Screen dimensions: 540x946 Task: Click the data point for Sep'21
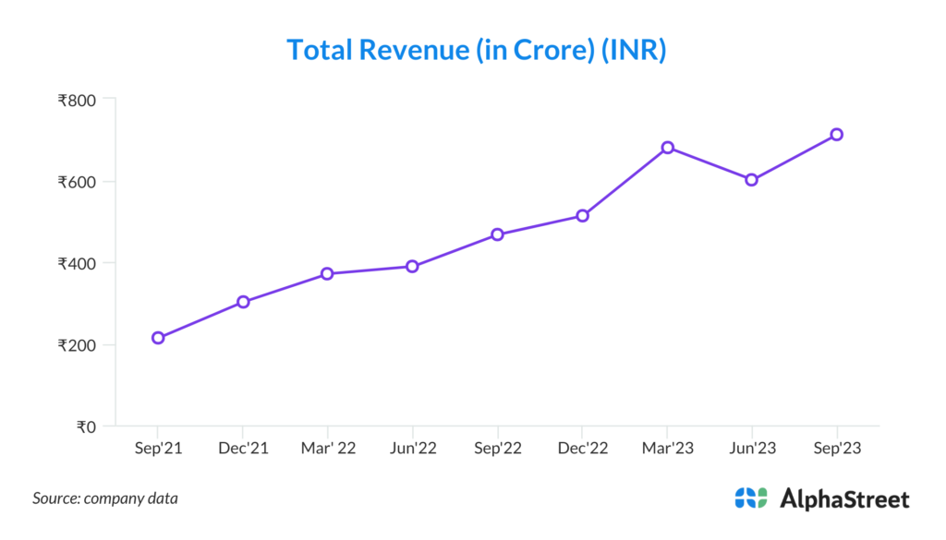click(x=158, y=338)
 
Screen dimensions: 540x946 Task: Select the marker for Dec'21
click(x=243, y=302)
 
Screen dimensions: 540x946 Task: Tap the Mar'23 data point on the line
click(x=667, y=148)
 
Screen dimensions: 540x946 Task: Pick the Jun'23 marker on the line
click(x=752, y=180)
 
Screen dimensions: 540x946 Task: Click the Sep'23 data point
click(x=836, y=135)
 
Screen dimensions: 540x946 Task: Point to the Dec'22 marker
click(x=582, y=216)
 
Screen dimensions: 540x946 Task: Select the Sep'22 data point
click(x=497, y=234)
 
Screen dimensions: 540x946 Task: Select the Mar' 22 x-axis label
click(x=328, y=449)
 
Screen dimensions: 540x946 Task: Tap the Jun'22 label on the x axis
click(x=412, y=449)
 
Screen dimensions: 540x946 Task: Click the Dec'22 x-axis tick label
click(x=582, y=449)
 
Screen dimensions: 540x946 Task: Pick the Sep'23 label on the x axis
click(x=836, y=449)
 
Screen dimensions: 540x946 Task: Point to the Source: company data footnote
click(x=105, y=498)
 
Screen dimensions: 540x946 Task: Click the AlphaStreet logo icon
click(x=751, y=498)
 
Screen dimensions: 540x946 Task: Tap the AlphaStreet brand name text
click(x=845, y=499)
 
